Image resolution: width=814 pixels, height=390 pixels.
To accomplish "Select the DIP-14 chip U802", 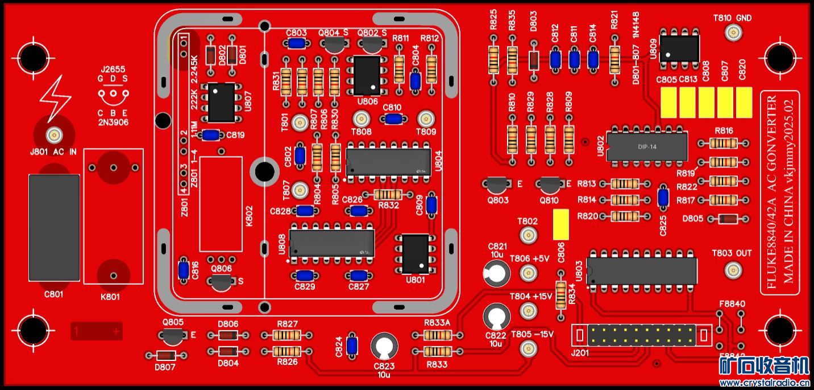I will click(647, 146).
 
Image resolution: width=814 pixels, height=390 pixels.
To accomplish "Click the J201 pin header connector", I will click(641, 334).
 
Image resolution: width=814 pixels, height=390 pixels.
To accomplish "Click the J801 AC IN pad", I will click(55, 136).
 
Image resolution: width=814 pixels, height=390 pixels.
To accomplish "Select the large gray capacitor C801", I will click(54, 228).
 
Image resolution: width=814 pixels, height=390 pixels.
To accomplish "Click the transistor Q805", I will click(173, 336).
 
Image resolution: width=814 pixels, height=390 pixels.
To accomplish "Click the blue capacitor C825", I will click(663, 197).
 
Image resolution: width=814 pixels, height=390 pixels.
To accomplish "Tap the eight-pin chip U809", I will click(680, 48).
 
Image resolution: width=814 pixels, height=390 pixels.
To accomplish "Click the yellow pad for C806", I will click(561, 224).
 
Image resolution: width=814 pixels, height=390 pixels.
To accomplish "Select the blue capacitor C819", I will click(211, 135).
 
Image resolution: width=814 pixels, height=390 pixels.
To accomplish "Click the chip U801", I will click(416, 254).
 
